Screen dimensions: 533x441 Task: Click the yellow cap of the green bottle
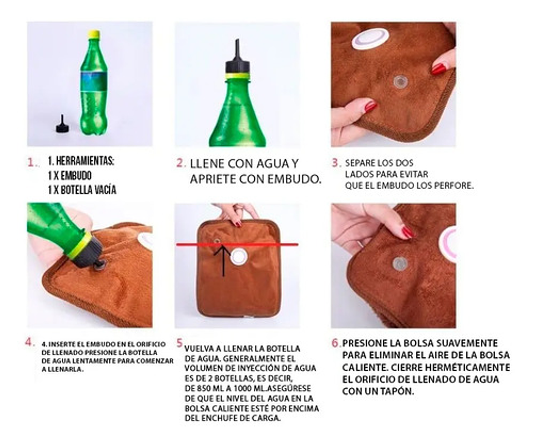click(93, 34)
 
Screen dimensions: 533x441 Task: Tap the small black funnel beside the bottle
click(62, 124)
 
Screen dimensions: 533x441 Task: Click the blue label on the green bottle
click(93, 82)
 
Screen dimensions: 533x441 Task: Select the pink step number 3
click(336, 163)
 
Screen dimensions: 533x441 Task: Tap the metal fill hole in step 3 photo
click(400, 82)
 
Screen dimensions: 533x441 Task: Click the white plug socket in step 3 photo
click(370, 39)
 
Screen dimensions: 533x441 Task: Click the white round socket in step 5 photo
click(239, 257)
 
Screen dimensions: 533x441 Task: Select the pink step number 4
click(29, 342)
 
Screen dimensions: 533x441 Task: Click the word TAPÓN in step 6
click(399, 392)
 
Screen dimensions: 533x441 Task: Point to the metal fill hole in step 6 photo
click(400, 263)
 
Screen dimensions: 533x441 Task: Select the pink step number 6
click(336, 343)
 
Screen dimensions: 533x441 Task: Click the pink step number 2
click(180, 163)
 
